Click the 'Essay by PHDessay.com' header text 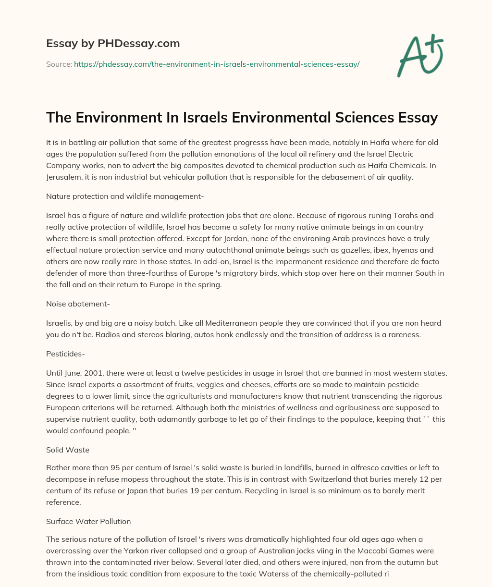click(113, 44)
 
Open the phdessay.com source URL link click(217, 64)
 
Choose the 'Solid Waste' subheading click(68, 450)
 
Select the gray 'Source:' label click(59, 64)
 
